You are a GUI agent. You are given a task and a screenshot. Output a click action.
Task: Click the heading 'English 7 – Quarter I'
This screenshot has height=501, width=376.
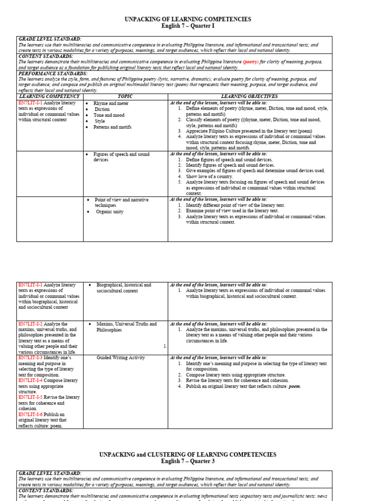[x=188, y=26]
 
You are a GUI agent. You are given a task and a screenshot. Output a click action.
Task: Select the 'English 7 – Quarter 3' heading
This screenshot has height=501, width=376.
[x=188, y=461]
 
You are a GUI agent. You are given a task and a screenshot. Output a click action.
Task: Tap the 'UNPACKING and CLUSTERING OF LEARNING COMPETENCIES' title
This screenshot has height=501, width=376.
[x=188, y=455]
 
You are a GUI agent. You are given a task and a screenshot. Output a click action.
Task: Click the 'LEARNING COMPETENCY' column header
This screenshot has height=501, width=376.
[x=48, y=97]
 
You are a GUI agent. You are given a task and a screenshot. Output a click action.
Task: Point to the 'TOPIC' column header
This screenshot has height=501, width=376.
[x=125, y=97]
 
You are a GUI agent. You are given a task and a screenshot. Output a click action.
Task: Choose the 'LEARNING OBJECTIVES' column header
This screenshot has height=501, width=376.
[x=250, y=97]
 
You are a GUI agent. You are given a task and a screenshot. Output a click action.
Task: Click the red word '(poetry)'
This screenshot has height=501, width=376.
[x=251, y=62]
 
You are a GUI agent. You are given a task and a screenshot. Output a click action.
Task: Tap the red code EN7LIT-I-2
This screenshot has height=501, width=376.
[x=30, y=324]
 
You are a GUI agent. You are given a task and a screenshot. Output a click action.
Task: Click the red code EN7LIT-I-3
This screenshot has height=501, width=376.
[x=30, y=358]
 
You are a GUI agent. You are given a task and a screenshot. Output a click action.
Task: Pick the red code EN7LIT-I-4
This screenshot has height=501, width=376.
[x=30, y=380]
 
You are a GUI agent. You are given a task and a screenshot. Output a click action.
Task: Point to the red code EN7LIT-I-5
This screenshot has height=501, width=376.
[x=30, y=397]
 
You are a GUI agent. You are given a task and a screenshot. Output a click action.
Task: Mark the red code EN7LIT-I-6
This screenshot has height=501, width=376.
[x=30, y=414]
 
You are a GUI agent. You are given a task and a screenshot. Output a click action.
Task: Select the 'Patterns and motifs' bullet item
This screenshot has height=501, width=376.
[x=112, y=127]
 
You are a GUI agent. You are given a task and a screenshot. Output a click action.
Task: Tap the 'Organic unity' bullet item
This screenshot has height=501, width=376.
[x=110, y=212]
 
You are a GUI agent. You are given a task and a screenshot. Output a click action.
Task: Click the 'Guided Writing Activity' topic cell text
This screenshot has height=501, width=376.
[x=120, y=358]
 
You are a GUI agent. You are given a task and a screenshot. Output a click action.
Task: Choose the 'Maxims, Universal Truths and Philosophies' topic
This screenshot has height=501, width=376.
[x=126, y=327]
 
